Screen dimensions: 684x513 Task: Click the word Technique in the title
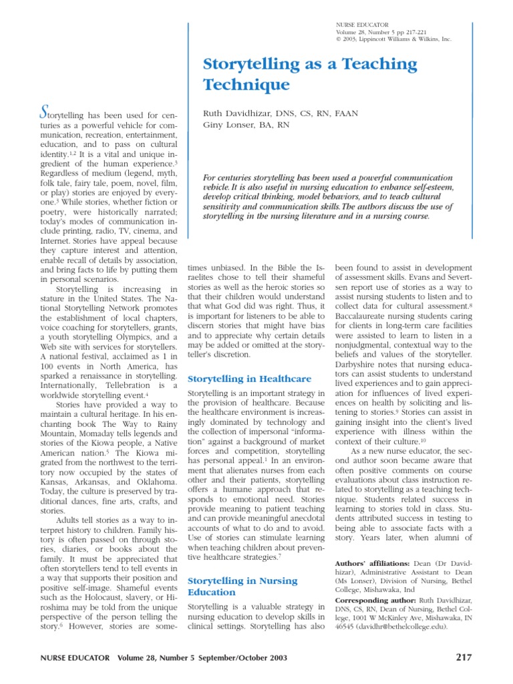[238, 85]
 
